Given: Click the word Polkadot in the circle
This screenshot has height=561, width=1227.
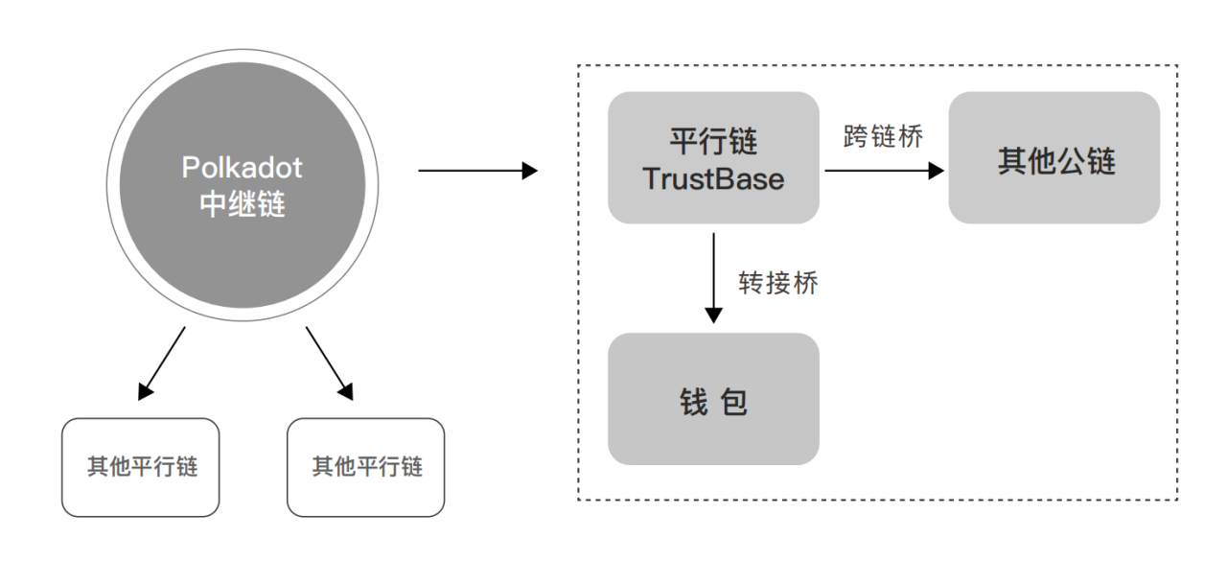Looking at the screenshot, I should coord(242,168).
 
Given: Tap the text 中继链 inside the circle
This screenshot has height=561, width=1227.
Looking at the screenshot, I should coord(242,204).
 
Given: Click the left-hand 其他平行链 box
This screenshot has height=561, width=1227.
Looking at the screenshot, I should coord(140,467).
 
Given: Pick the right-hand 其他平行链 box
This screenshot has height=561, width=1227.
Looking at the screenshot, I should coord(365,467).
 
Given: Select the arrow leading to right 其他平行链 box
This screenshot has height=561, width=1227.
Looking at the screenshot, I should coord(329,362).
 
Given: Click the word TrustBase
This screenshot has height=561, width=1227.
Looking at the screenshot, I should coord(713,179).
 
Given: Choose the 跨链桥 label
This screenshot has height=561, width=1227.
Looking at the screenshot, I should coord(882,136).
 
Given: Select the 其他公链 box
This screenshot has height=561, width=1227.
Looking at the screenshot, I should coord(1053,158).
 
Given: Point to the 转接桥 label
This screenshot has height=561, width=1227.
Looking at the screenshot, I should coord(777,282).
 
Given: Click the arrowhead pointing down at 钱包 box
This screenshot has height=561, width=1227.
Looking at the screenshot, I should coord(713,315).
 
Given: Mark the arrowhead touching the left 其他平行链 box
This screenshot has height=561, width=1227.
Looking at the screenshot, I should coord(146,390).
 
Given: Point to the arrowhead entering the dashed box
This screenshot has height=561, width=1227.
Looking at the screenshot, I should coord(529,172).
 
